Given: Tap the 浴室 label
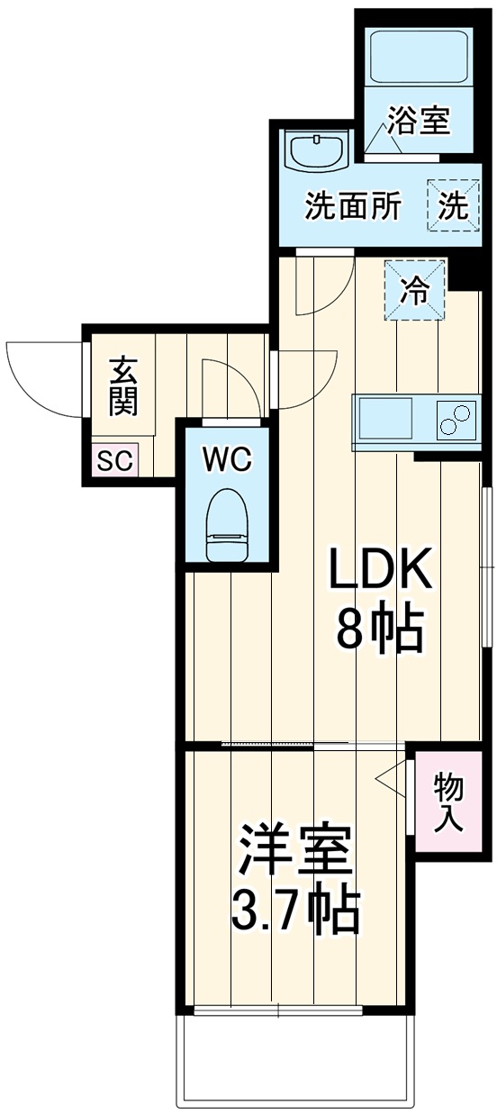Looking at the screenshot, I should pos(419,121).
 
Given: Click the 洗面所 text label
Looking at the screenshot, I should pos(352,207).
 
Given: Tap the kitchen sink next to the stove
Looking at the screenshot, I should pos(386,418).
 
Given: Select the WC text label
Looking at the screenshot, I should pos(226,459).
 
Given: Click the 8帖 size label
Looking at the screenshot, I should pos(379,629).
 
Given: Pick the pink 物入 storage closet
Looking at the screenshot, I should pos(447,801).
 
